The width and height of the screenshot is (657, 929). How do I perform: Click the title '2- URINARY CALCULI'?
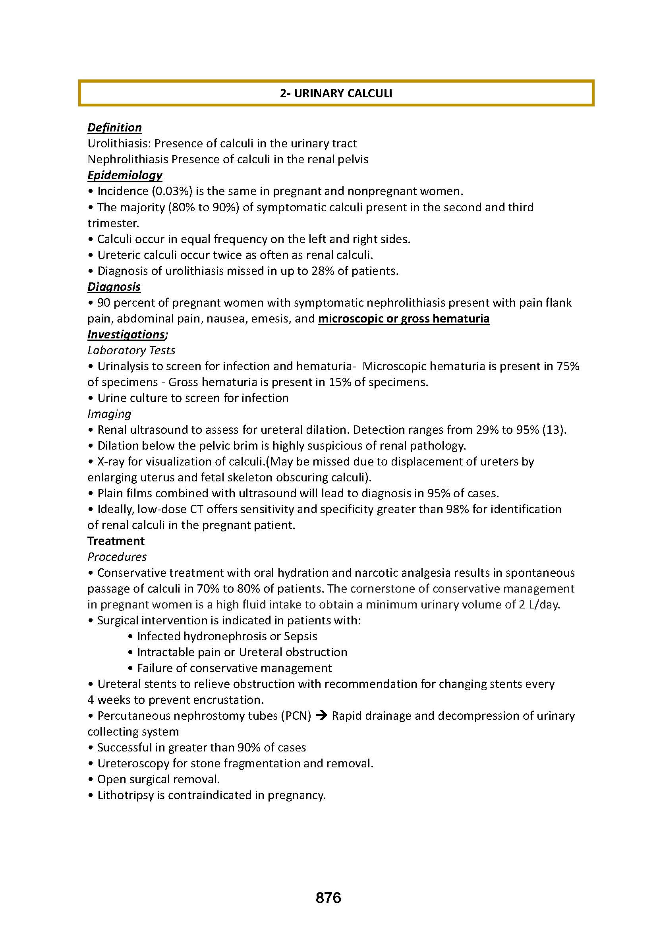(336, 93)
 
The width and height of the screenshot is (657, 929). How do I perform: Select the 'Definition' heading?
(114, 127)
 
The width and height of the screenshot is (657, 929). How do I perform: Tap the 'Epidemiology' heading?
(125, 175)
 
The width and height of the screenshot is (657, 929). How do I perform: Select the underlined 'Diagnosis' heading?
(114, 287)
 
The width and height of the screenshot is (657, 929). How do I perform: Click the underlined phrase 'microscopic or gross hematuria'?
(404, 319)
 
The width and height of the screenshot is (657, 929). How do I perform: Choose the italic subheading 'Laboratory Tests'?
(131, 350)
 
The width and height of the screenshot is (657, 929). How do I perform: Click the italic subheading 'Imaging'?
(109, 414)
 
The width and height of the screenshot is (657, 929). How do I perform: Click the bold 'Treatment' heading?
(116, 541)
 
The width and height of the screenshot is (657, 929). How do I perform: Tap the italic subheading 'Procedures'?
(117, 557)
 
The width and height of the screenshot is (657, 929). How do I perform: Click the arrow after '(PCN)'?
(321, 716)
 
